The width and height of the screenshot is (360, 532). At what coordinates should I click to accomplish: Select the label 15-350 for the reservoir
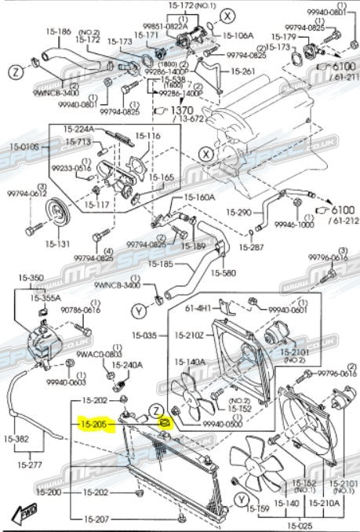point(32,278)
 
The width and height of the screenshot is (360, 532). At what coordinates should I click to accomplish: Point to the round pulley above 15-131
point(57,212)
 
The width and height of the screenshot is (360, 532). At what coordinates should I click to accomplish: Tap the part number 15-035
point(145,335)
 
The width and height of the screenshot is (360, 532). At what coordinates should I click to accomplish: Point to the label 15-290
point(241,212)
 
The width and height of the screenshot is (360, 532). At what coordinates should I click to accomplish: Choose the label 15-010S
point(24,145)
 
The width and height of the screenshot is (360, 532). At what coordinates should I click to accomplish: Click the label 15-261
point(243,71)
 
